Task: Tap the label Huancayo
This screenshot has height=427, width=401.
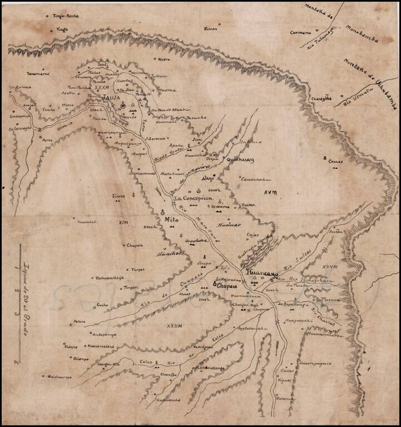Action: pyautogui.click(x=259, y=274)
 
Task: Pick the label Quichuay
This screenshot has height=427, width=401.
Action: pyautogui.click(x=239, y=160)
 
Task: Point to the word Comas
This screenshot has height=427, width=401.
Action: pyautogui.click(x=336, y=162)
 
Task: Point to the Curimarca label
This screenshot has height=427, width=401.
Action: pyautogui.click(x=300, y=32)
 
